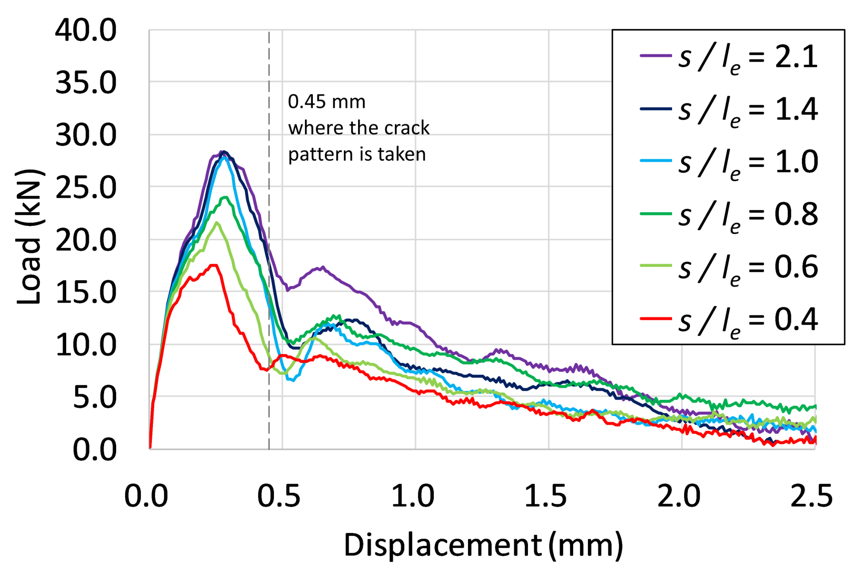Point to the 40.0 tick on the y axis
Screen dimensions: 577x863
tap(86, 30)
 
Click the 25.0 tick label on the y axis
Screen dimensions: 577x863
tap(86, 188)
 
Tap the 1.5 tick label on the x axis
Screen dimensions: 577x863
tap(545, 496)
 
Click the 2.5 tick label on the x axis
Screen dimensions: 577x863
tap(811, 496)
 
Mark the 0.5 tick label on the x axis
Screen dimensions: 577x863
tap(279, 496)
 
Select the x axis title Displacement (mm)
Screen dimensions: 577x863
tap(483, 545)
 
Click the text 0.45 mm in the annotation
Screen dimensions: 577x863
tap(327, 101)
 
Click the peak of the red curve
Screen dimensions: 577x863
tap(214, 265)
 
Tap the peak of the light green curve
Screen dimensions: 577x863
tap(216, 223)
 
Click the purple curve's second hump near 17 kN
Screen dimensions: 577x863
tap(322, 267)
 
